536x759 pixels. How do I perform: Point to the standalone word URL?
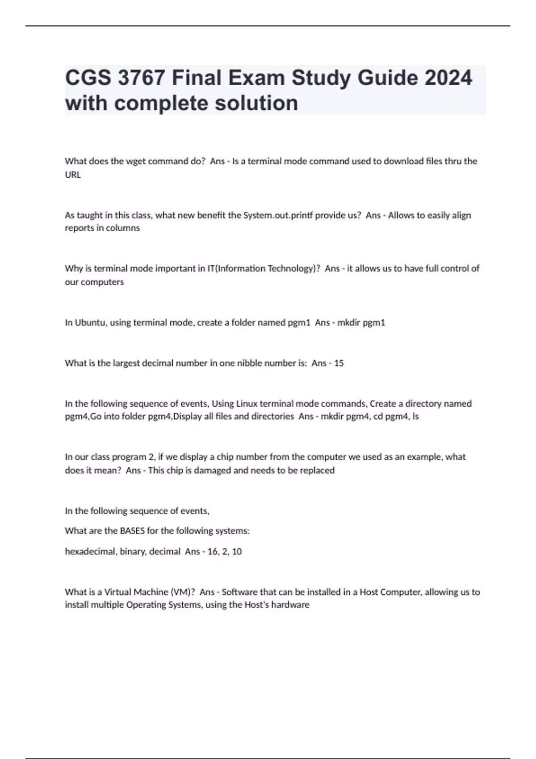click(x=73, y=175)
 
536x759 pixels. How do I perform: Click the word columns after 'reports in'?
click(x=123, y=228)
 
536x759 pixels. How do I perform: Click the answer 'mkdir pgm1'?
click(x=361, y=322)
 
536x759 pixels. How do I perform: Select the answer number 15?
click(x=339, y=363)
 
